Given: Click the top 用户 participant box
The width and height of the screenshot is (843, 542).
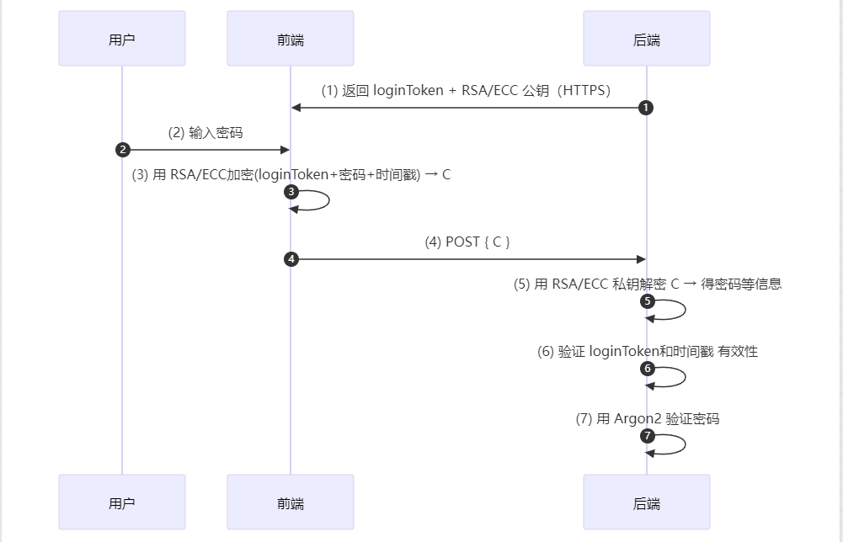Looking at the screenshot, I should click(x=122, y=39).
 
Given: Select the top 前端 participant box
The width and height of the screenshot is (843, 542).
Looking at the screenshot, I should click(x=291, y=39).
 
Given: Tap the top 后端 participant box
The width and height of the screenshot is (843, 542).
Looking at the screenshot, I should click(x=646, y=39).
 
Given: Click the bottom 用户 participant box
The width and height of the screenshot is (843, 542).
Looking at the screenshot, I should click(x=122, y=502).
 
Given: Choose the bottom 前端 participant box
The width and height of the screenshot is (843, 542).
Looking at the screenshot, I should click(x=291, y=502).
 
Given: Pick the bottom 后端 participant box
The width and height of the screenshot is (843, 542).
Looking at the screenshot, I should click(x=646, y=502).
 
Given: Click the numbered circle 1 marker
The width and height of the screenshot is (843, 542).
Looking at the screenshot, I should click(x=646, y=108).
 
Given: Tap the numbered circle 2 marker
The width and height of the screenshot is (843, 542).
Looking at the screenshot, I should click(x=123, y=150).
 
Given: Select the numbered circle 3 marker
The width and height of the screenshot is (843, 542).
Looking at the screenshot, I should click(x=291, y=192).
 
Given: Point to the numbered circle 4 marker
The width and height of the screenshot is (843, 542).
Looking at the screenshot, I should click(x=291, y=259).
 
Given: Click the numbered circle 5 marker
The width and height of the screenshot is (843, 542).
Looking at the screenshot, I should click(x=647, y=301).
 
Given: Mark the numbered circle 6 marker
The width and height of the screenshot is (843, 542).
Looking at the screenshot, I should click(x=647, y=369).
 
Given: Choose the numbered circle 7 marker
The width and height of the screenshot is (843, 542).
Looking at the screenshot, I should click(x=647, y=436).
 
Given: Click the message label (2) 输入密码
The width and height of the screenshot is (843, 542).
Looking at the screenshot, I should click(x=206, y=132).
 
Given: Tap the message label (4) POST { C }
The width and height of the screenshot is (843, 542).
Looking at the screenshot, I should click(x=468, y=242).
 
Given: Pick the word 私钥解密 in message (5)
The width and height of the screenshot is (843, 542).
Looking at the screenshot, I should click(x=639, y=284).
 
